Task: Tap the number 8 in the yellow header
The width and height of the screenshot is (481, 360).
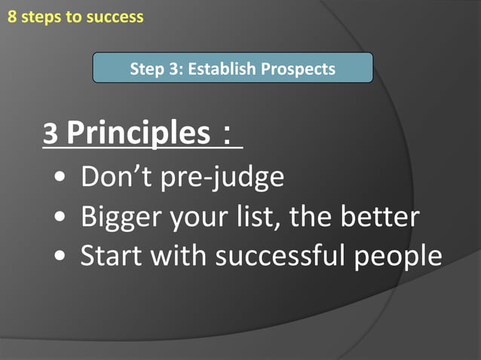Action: click(11, 17)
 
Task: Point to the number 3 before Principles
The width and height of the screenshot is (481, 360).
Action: click(51, 135)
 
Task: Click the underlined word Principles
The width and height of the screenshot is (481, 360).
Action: click(138, 133)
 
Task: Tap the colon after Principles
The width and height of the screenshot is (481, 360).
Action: click(227, 136)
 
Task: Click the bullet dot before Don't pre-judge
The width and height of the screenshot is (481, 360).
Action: click(60, 179)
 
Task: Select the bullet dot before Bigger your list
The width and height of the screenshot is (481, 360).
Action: click(60, 218)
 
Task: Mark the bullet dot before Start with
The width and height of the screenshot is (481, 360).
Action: click(60, 257)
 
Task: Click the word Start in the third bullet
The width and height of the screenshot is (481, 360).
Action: click(109, 255)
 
